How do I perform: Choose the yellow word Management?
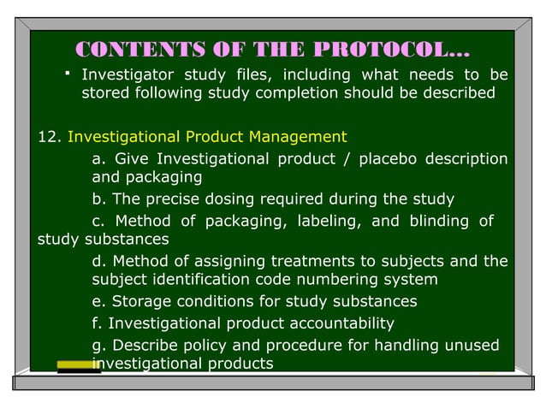(x=305, y=136)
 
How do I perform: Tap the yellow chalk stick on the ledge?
(x=78, y=365)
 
